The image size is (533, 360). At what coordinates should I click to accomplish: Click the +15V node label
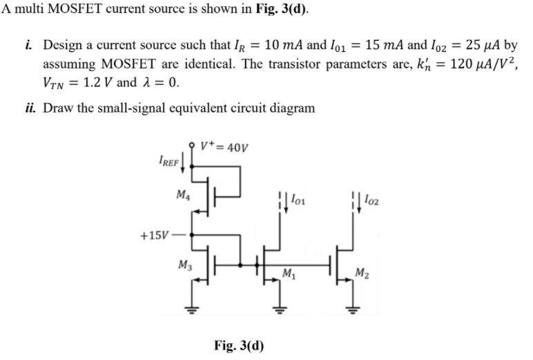point(153,234)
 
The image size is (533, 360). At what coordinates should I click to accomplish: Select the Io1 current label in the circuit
point(297,200)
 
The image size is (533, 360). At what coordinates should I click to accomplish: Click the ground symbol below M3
point(194,309)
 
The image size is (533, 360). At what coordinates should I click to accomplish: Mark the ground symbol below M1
point(280,309)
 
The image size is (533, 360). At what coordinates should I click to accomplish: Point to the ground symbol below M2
point(352,309)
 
